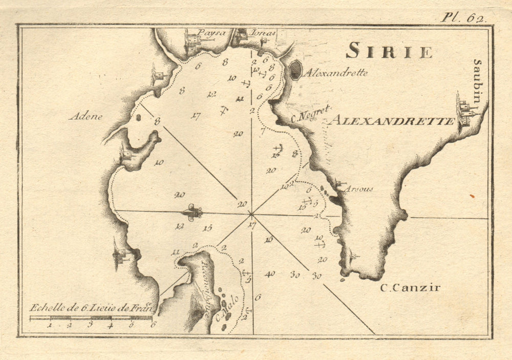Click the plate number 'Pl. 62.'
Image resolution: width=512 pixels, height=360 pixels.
tap(464, 17)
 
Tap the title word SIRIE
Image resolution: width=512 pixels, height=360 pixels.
tap(389, 51)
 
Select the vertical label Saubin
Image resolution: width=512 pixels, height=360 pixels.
tap(477, 81)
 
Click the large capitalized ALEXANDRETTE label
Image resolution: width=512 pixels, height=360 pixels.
tap(392, 121)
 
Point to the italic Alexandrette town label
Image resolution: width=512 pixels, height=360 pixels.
tap(336, 73)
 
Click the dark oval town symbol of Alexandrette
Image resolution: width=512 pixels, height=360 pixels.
tap(296, 70)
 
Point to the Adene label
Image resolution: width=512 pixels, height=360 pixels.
tap(86, 116)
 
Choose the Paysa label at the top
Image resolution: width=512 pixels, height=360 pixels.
tap(211, 33)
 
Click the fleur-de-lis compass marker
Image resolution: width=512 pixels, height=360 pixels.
tap(193, 212)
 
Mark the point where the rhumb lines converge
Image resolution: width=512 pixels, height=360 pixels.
tap(251, 214)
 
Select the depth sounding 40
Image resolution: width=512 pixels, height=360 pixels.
tap(270, 274)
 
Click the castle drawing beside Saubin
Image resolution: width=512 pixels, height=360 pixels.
tap(464, 110)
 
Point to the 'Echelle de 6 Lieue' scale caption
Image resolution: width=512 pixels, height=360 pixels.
tap(90, 308)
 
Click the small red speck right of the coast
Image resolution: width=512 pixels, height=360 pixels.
tap(472, 196)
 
